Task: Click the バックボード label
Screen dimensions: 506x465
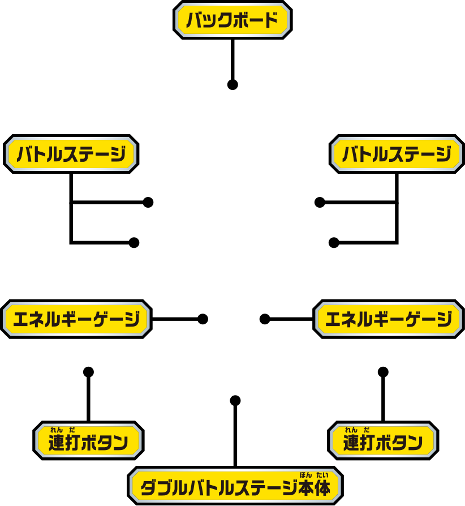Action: tap(232, 20)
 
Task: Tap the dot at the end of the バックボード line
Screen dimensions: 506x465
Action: tap(231, 85)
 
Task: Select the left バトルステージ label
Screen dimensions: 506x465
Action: tap(71, 154)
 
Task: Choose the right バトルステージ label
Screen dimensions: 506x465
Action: tap(397, 154)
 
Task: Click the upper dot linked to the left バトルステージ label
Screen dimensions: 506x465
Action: tap(148, 202)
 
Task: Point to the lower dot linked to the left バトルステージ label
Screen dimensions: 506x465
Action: tap(134, 242)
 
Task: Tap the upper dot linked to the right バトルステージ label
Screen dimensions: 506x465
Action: tap(320, 202)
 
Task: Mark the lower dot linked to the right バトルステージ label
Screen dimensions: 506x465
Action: tap(334, 243)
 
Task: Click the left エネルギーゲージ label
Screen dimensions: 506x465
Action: tap(76, 319)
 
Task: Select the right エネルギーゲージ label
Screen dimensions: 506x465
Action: tap(389, 320)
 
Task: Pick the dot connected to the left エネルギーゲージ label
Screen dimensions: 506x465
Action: tap(203, 319)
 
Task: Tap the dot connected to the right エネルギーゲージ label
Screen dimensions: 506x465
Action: tap(264, 319)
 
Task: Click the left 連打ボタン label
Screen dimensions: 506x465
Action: tap(88, 441)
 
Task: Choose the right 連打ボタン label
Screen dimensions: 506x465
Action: tap(382, 441)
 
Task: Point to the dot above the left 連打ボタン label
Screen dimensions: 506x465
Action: tap(88, 372)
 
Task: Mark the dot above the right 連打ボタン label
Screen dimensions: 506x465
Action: tap(383, 372)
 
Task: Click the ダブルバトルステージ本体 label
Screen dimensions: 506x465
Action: tap(235, 486)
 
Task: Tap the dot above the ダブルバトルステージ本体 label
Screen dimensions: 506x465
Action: tap(235, 401)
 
